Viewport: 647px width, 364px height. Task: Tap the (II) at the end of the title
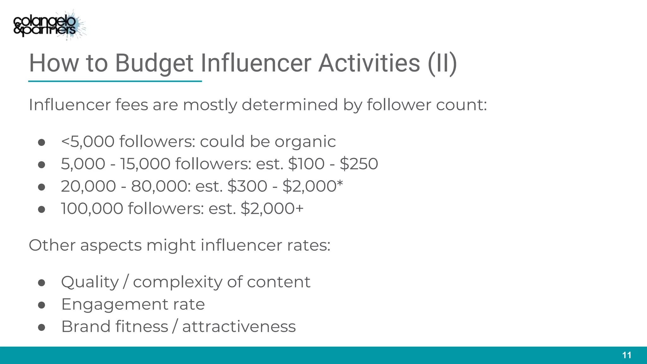[442, 63]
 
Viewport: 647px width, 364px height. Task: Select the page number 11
[626, 355]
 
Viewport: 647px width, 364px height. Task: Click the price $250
[359, 164]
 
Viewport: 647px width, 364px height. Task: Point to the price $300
[247, 186]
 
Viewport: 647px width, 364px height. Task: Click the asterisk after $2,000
[340, 183]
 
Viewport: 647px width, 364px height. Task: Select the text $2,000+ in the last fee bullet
[272, 209]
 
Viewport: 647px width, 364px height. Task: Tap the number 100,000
[92, 209]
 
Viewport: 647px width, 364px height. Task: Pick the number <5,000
[88, 142]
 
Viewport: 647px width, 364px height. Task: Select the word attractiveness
[239, 327]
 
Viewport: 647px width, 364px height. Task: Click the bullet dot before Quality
[41, 282]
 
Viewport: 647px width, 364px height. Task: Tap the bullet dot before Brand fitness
[41, 327]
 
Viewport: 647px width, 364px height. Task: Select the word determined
[290, 105]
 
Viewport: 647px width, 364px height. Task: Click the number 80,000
[161, 186]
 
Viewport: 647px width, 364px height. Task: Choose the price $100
[306, 164]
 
